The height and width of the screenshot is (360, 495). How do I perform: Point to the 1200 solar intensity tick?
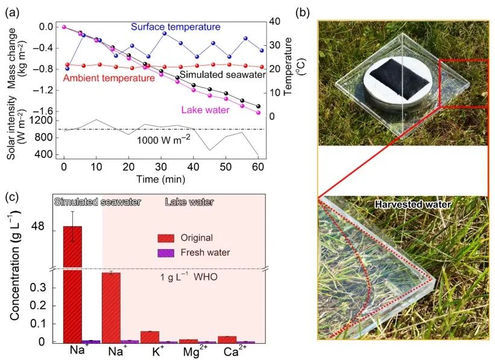(43, 121)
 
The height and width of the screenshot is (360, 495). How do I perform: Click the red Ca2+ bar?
(227, 339)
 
